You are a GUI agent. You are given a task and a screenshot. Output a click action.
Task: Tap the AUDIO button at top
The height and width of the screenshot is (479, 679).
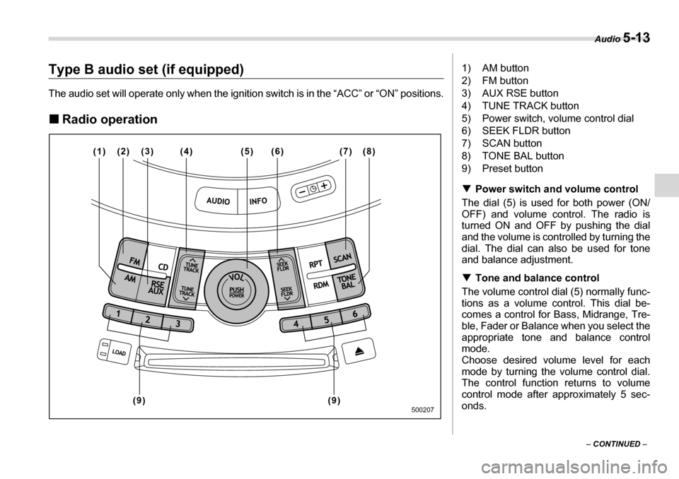pyautogui.click(x=217, y=201)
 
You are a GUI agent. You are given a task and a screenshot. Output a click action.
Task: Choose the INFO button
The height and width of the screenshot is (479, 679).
pyautogui.click(x=257, y=201)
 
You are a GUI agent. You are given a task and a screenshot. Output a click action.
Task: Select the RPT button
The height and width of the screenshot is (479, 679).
pyautogui.click(x=315, y=264)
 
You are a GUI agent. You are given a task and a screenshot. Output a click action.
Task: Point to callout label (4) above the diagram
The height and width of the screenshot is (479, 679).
pyautogui.click(x=185, y=150)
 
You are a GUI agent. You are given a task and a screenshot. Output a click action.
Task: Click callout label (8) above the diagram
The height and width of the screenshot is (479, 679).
pyautogui.click(x=369, y=150)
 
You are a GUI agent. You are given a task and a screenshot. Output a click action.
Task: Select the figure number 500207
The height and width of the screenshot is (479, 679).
pyautogui.click(x=420, y=409)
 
